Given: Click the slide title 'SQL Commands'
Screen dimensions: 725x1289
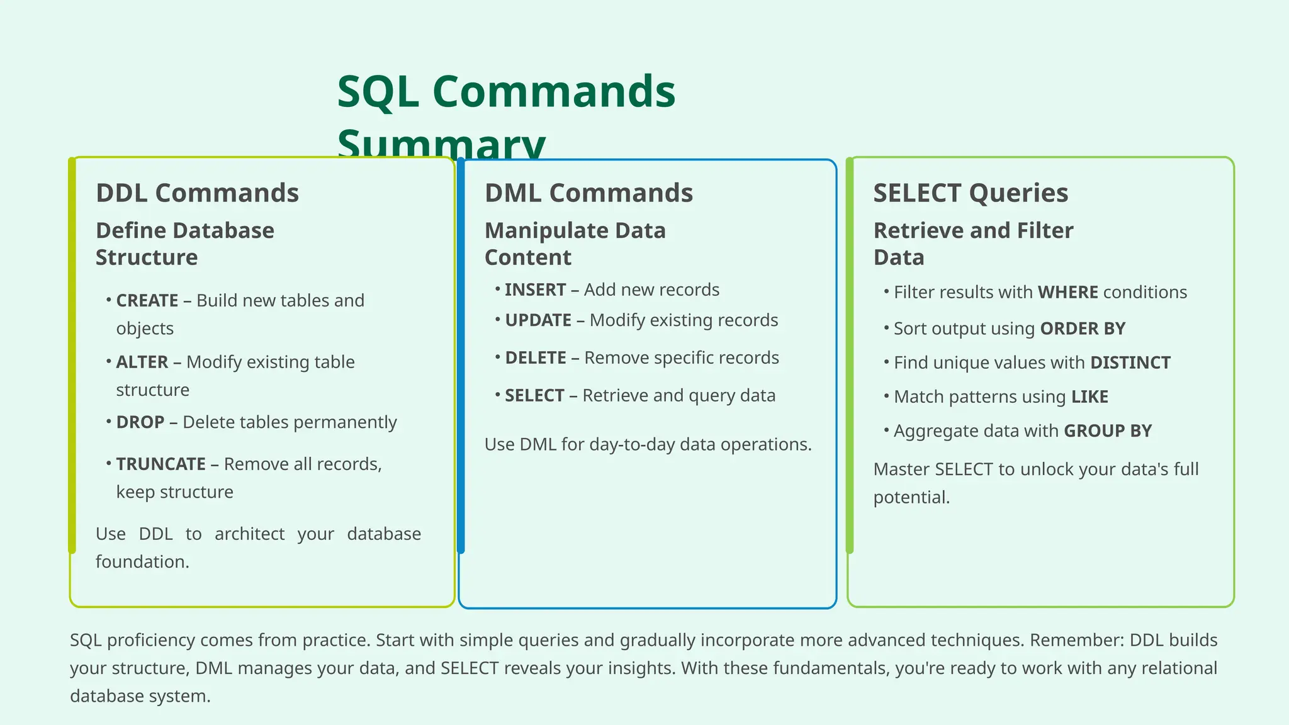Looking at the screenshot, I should (506, 92).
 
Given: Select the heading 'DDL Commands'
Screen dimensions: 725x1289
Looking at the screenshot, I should (197, 193).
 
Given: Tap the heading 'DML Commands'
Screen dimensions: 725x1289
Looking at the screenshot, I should (588, 193).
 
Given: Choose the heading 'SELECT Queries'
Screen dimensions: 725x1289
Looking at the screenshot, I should (971, 193).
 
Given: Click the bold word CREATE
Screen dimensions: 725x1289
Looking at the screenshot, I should (147, 301).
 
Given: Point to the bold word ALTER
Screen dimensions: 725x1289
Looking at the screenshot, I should (142, 362).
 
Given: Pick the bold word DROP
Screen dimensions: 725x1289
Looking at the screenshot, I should (140, 422).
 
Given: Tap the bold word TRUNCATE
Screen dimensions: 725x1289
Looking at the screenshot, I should (161, 464).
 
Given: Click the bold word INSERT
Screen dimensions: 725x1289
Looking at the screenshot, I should (536, 290).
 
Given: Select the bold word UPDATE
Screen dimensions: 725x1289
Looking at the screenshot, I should (538, 320).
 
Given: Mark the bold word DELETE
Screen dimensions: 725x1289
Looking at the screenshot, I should (536, 358).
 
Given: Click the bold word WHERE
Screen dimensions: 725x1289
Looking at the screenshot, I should (1067, 293).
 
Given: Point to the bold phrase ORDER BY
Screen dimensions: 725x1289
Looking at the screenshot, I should (1083, 329).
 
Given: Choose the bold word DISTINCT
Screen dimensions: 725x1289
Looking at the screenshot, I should (1130, 363).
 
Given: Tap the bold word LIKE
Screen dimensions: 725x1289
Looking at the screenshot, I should (1089, 397).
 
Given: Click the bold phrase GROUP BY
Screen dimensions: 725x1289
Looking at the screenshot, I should (1108, 431).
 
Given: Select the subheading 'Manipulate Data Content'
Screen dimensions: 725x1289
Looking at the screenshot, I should (575, 244).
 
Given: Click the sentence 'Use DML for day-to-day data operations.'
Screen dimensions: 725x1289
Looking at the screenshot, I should (648, 445).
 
